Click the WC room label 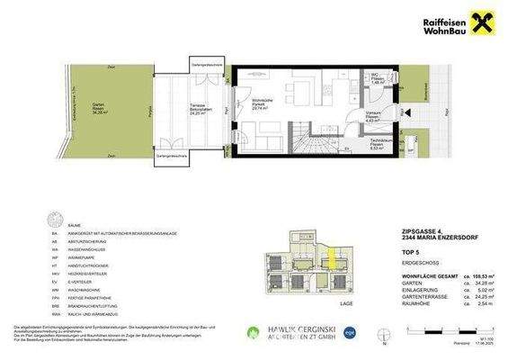(379, 78)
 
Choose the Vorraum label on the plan (373, 116)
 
